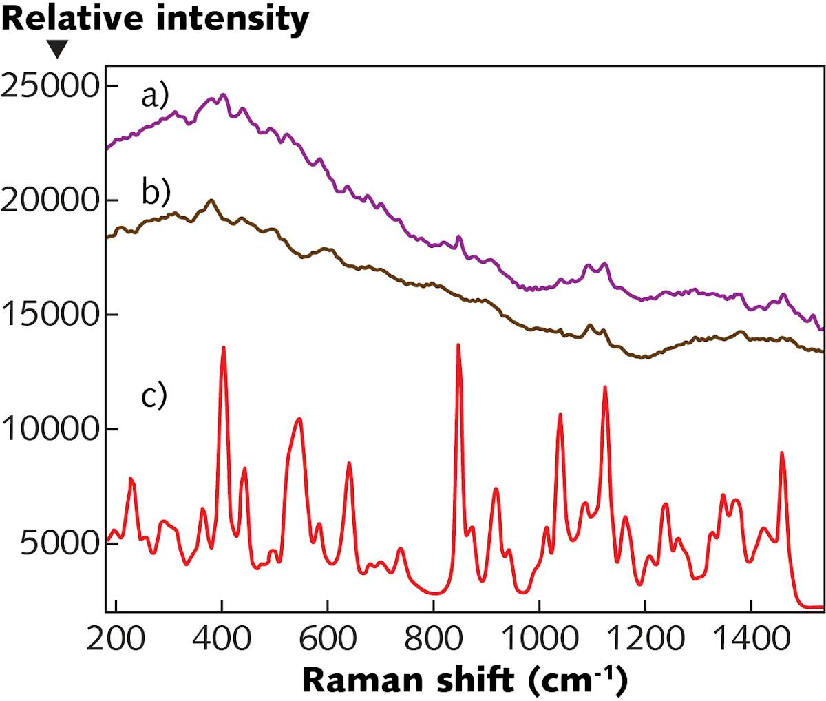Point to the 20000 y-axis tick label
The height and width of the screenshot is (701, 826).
50,200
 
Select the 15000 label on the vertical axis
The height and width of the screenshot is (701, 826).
50,315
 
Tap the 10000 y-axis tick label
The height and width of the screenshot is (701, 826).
50,429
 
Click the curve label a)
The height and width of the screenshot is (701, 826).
155,97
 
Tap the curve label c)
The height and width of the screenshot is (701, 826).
154,395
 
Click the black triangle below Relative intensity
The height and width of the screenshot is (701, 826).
57,50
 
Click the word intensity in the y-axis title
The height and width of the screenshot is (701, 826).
232,19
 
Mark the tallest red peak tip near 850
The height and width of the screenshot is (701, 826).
458,344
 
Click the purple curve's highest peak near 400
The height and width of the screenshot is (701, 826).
223,95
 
